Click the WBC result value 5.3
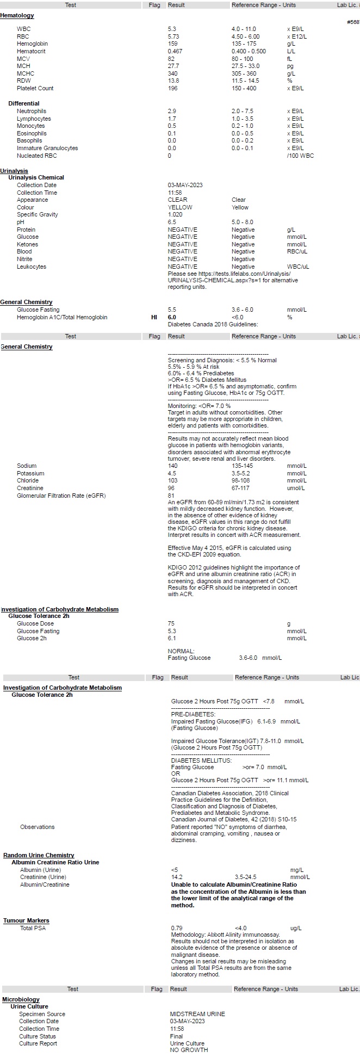[x=172, y=29]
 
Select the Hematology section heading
[x=17, y=16]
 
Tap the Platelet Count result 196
[x=173, y=88]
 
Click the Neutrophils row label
[x=32, y=111]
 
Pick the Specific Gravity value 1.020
[x=175, y=214]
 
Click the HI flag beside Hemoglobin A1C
[x=154, y=317]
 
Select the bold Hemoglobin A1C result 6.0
[x=172, y=317]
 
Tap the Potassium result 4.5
[x=172, y=473]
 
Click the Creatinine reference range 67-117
[x=240, y=488]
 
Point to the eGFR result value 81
[x=171, y=496]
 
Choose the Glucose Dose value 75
[x=171, y=623]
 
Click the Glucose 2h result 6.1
[x=172, y=638]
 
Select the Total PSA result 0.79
[x=177, y=928]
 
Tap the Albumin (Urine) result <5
[x=175, y=870]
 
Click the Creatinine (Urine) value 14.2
[x=177, y=877]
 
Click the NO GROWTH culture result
[x=189, y=1050]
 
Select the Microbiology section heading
[x=21, y=999]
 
